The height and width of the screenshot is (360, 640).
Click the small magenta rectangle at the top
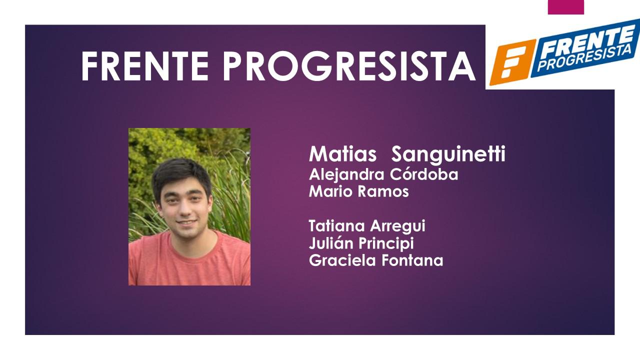(x=565, y=7)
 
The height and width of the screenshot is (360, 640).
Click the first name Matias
(x=342, y=154)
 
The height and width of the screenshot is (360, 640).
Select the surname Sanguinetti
(x=448, y=155)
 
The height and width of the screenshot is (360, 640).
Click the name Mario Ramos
(x=358, y=191)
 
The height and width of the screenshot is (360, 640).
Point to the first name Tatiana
(x=338, y=226)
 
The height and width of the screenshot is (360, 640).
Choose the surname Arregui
(x=398, y=226)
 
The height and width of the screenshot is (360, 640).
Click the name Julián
(x=331, y=243)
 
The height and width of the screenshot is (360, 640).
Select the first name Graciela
(x=340, y=260)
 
